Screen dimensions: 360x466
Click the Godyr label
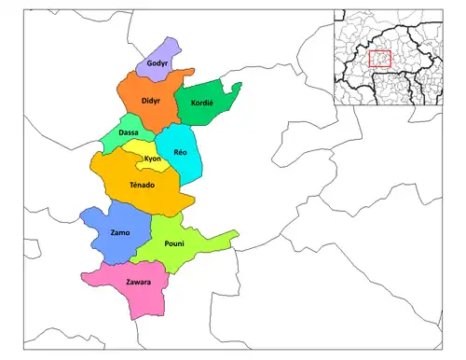click(x=158, y=63)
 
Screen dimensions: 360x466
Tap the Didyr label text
click(x=151, y=99)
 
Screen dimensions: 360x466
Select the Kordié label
click(x=202, y=103)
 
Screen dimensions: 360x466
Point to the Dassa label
click(x=129, y=132)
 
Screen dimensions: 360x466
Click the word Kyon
click(x=153, y=159)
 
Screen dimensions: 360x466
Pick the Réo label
click(x=181, y=152)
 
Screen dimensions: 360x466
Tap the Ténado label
click(x=143, y=186)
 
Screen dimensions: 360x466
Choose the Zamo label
click(x=119, y=231)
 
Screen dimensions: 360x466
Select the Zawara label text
click(x=139, y=281)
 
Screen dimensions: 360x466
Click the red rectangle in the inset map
click(x=379, y=59)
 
